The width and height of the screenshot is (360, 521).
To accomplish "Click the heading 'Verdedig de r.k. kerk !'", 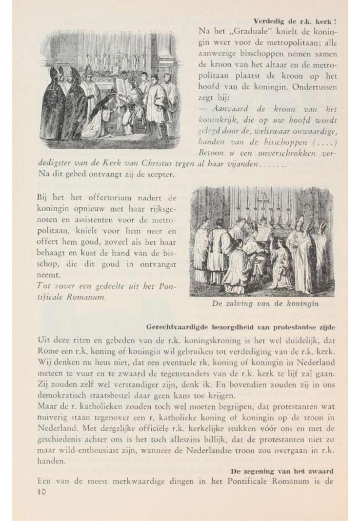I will pos(295,21).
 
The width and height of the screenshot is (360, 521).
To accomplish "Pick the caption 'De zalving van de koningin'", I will pos(265,304).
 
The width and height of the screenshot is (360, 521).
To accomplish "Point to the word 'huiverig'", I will pos(52,415).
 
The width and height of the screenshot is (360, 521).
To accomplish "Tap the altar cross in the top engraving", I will pos(115,52).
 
